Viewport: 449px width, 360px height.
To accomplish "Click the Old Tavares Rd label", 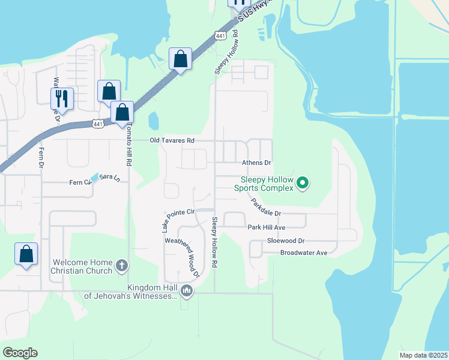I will coord(172,140).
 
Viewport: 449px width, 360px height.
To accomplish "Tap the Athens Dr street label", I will coord(256,163).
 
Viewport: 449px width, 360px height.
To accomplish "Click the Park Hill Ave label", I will coord(266,227).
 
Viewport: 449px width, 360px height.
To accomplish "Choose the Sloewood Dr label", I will coord(286,241).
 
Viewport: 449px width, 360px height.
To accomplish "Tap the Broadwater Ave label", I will coord(304,253).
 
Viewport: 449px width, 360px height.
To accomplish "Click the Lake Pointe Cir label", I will coord(178,213).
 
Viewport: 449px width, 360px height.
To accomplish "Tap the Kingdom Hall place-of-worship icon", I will coord(187,292).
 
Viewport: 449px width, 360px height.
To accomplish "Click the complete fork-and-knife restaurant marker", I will coord(62,98).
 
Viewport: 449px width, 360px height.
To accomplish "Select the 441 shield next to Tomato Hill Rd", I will coord(98,123).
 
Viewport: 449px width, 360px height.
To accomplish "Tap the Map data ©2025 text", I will coord(423,355).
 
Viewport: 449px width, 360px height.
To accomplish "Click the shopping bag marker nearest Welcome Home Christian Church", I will coord(26,254).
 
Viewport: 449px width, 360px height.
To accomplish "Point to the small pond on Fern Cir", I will coord(94,178).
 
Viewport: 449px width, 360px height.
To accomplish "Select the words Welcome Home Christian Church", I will coord(82,266).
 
